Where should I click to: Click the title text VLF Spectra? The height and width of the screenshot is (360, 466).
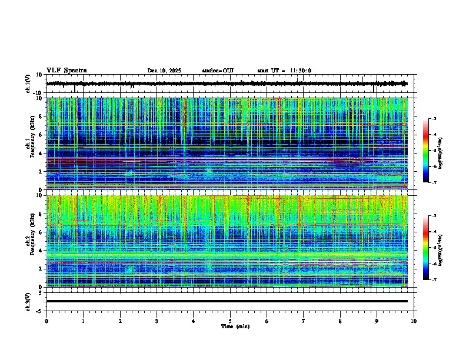coord(66,70)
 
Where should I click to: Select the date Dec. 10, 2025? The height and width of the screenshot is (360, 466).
coord(164,71)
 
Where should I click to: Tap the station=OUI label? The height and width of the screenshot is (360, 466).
coord(218,71)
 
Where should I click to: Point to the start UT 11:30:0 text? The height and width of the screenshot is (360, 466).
coord(284,71)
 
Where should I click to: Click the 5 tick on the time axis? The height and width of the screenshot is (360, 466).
coord(230,321)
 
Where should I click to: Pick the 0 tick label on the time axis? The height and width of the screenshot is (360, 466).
coord(46,321)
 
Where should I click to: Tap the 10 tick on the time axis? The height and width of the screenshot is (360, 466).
coord(414,321)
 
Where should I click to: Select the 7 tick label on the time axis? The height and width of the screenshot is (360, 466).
coord(304,321)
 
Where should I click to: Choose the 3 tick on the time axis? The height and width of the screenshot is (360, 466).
coord(157,321)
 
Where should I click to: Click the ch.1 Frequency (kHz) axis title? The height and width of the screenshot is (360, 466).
coord(30,144)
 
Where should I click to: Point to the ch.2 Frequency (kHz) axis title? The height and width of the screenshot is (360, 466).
coord(30,241)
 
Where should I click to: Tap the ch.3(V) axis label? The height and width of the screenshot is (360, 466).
coord(28,301)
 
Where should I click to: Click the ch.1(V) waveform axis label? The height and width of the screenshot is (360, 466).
coord(28,84)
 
